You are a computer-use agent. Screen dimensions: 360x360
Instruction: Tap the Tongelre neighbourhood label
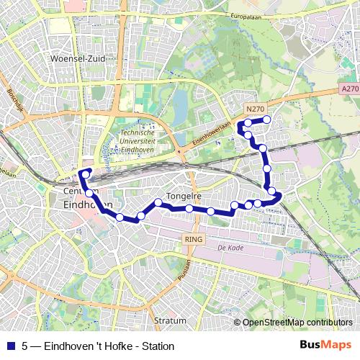183,196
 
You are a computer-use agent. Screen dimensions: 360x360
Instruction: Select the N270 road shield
255,109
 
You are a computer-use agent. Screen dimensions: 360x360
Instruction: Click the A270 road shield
350,89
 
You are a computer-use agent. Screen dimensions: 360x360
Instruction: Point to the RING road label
194,238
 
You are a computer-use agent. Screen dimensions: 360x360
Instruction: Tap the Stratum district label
170,320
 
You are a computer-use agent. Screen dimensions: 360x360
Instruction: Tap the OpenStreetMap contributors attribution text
297,323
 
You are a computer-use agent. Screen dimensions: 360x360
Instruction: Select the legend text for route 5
98,346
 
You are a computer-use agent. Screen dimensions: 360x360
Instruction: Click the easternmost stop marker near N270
267,120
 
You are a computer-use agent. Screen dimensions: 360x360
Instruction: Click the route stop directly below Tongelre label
189,209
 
